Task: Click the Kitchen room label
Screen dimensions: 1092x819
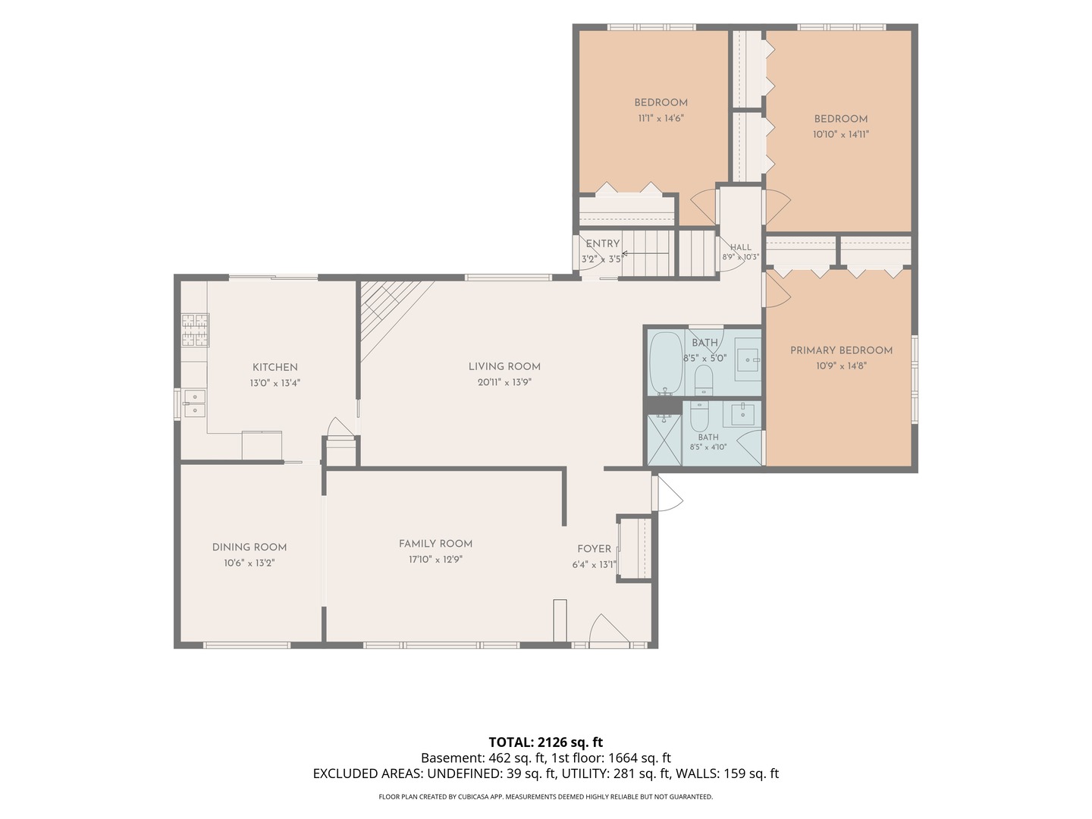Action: click(x=275, y=368)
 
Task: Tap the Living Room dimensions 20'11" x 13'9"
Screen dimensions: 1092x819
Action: click(x=504, y=382)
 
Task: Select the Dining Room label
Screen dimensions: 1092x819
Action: click(x=249, y=548)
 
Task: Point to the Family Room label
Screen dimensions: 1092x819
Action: click(x=435, y=544)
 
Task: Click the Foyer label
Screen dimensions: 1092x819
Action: click(x=594, y=549)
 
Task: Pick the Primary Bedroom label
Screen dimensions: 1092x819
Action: click(x=841, y=350)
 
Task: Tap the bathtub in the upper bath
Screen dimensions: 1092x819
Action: click(x=667, y=363)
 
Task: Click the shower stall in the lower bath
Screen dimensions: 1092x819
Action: click(x=664, y=441)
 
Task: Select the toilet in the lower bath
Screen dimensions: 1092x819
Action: click(x=699, y=417)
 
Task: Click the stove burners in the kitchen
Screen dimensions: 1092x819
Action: click(x=195, y=330)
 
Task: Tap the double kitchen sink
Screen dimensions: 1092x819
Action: click(x=195, y=403)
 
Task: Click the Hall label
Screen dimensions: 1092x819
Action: click(x=741, y=247)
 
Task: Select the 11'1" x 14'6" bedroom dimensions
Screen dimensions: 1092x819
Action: click(x=661, y=118)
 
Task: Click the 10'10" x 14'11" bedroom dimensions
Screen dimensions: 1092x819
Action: click(x=841, y=134)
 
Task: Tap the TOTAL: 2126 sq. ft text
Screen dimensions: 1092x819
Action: click(x=546, y=742)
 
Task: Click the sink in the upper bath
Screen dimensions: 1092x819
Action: click(x=748, y=359)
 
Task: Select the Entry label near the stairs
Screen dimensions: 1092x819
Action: click(x=602, y=243)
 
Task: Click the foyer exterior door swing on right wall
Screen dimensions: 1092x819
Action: click(x=667, y=493)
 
